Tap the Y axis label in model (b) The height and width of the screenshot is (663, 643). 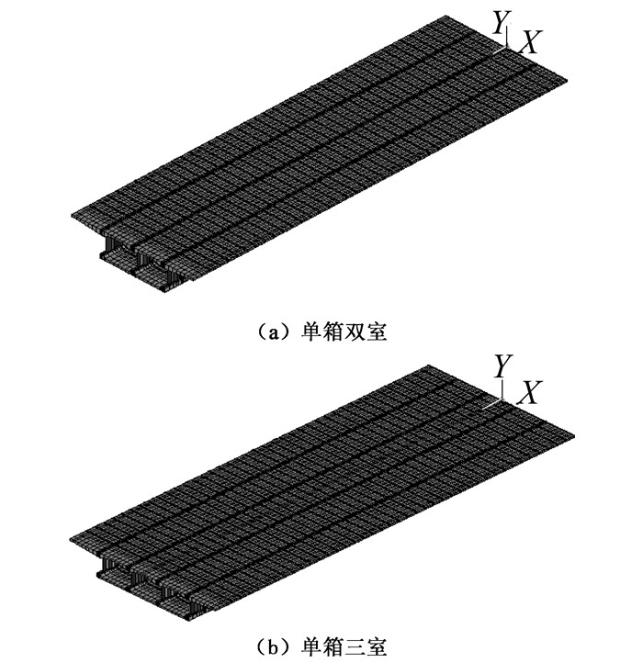coord(502,367)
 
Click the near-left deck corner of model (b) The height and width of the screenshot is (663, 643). coord(73,534)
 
